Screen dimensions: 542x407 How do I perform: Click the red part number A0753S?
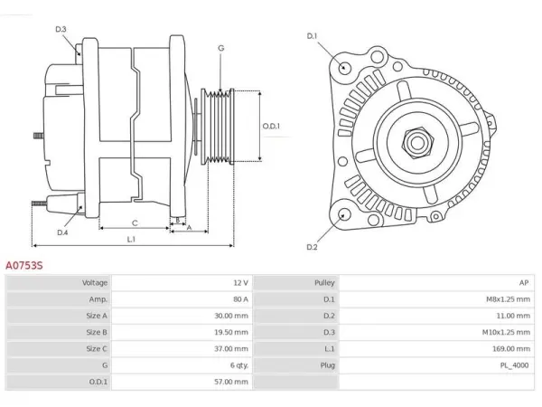24,265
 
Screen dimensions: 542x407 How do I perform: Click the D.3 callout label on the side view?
61,30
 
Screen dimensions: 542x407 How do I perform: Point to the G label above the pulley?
221,48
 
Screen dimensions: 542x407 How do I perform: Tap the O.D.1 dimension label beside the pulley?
271,127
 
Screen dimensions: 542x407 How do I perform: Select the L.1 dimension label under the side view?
131,239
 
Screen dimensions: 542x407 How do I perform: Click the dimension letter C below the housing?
135,223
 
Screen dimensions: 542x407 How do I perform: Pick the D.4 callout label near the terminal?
62,232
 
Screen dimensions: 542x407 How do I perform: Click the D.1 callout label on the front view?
312,36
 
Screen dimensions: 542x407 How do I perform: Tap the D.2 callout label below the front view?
312,247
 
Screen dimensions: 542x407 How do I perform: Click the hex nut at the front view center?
417,142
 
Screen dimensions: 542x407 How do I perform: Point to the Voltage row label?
95,283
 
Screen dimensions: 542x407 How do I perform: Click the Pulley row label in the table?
324,283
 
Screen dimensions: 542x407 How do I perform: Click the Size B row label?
97,332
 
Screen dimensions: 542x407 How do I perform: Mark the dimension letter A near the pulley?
189,228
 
